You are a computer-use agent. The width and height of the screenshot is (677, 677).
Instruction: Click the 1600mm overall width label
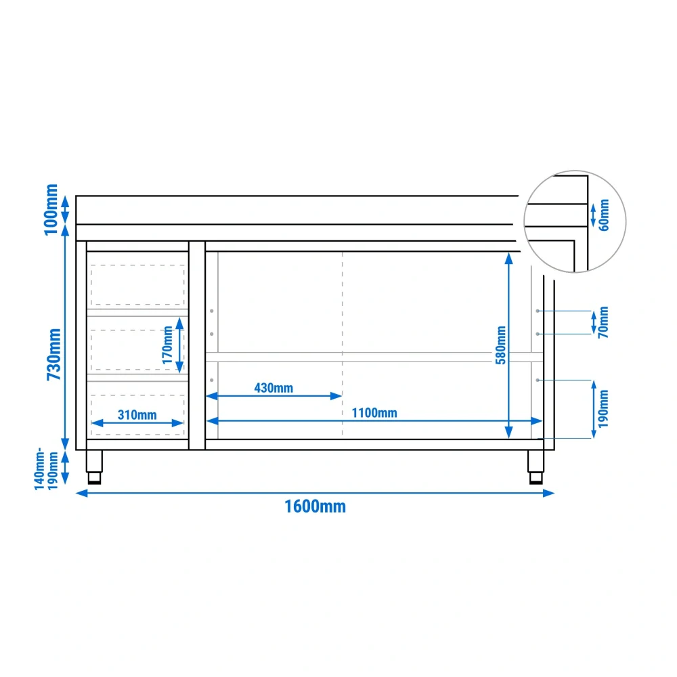[x=315, y=506]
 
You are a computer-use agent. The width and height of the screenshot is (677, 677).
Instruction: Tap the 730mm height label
[x=54, y=355]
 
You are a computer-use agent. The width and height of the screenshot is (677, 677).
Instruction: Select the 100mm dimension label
[x=51, y=210]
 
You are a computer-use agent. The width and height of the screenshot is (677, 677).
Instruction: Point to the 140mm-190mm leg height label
[x=46, y=469]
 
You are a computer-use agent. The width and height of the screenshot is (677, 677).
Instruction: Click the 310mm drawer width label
[x=137, y=415]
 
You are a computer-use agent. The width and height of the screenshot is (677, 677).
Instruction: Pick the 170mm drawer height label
[x=167, y=345]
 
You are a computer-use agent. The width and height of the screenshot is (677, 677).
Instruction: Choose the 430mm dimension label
[x=274, y=388]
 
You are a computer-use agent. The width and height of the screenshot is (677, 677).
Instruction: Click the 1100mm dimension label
[x=374, y=413]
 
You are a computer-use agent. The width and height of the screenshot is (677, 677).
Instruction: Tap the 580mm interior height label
[x=500, y=345]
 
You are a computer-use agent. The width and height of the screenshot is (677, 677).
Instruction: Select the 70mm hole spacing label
[x=603, y=322]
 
